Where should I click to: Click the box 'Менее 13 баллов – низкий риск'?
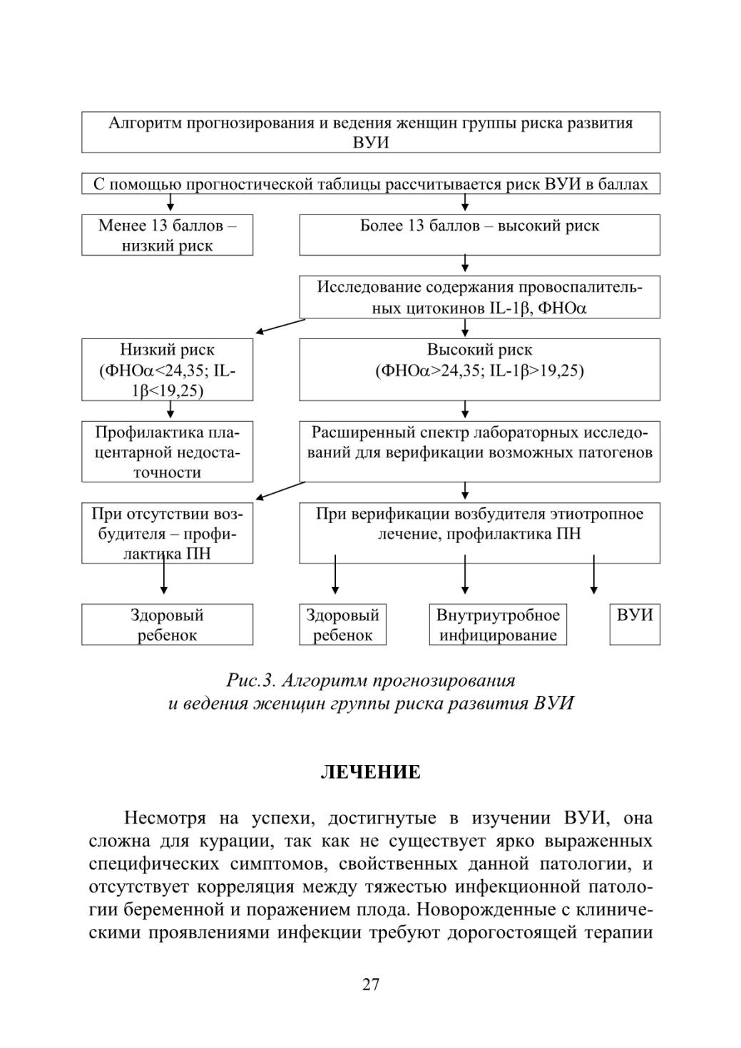pos(167,235)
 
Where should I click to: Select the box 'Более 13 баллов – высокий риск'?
pos(480,235)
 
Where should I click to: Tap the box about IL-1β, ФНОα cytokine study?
pos(480,296)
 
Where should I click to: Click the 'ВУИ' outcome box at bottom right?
pos(635,624)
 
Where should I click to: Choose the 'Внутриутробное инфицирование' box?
pos(498,624)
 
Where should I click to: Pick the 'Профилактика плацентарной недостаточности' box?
pos(167,452)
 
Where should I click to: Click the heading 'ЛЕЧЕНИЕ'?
pos(371,772)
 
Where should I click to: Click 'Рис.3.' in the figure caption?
pos(250,680)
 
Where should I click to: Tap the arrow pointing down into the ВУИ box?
pos(594,574)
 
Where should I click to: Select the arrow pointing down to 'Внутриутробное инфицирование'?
pos(465,574)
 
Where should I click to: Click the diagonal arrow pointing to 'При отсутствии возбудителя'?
pos(280,491)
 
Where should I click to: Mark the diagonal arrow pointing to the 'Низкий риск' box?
pos(280,326)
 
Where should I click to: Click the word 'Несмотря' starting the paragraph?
pos(165,819)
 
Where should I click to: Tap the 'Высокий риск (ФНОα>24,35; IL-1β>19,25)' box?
pos(480,370)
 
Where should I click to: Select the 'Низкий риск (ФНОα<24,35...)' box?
pos(167,370)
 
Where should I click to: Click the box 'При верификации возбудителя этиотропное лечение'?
pos(480,533)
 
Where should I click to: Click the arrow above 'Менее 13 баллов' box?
pos(170,202)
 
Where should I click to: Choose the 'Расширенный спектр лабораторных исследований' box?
pos(480,452)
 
